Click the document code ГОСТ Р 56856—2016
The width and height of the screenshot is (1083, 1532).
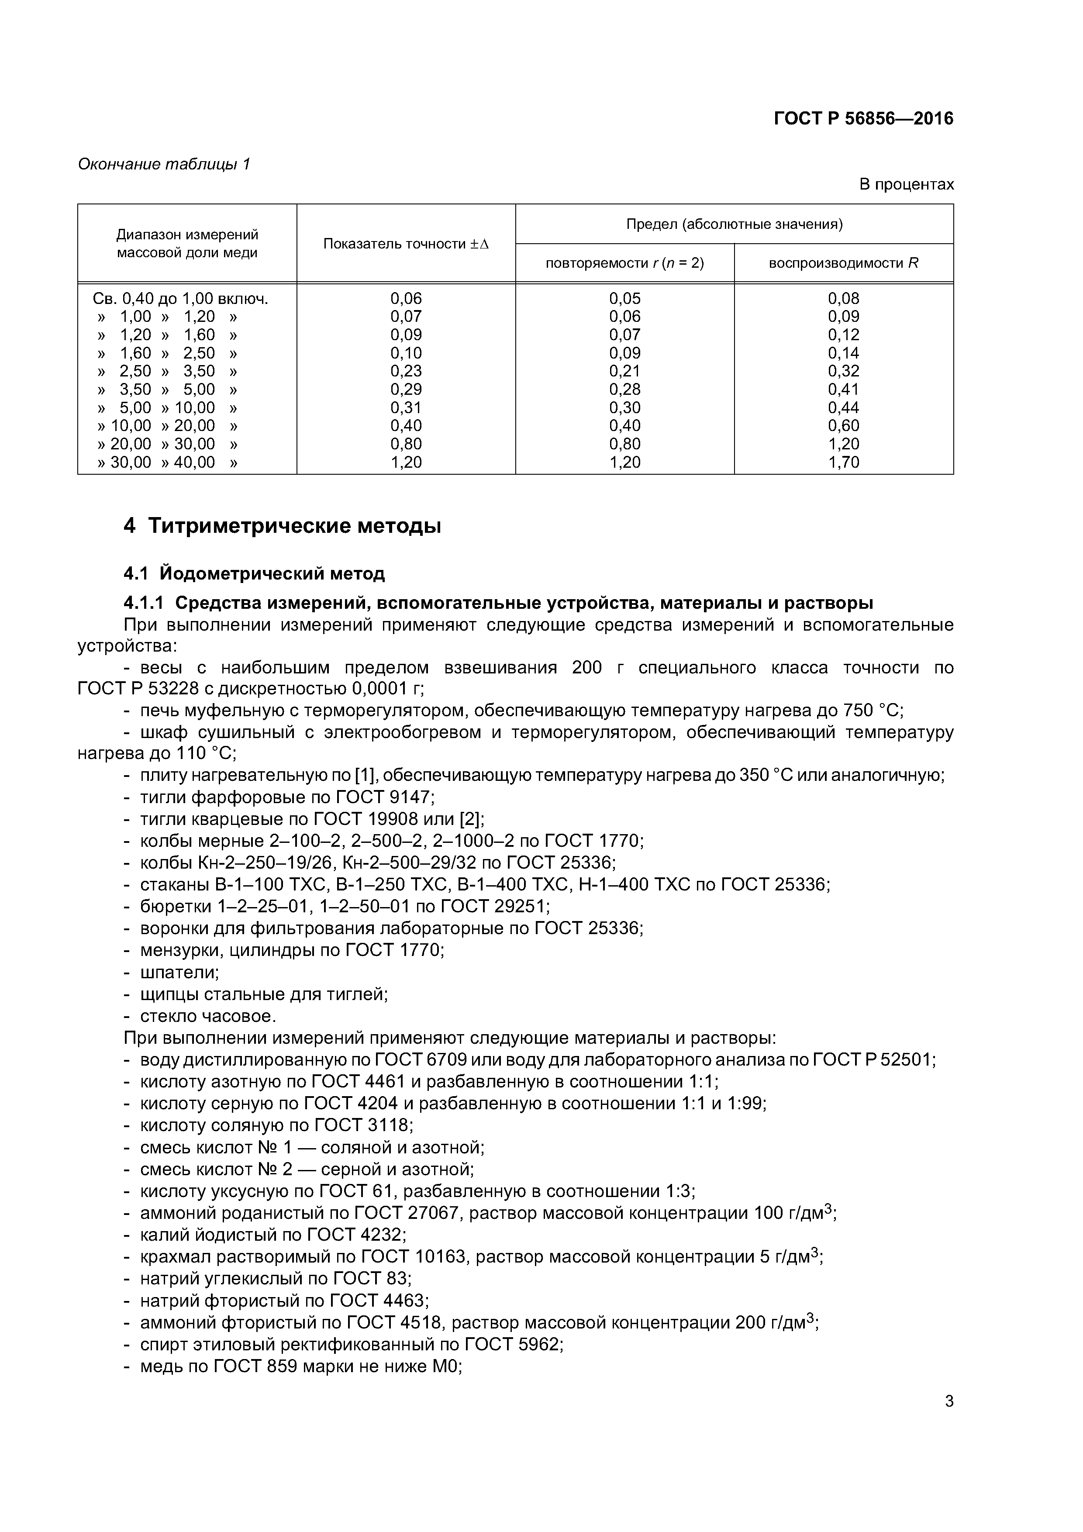pyautogui.click(x=863, y=119)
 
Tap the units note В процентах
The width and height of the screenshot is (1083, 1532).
pyautogui.click(x=906, y=184)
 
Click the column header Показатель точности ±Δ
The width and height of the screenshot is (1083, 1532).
pyautogui.click(x=406, y=244)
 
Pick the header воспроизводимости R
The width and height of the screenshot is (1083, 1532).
pyautogui.click(x=843, y=263)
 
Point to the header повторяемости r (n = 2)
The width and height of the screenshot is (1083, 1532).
pyautogui.click(x=624, y=263)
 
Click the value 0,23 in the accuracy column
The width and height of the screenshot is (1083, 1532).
pyautogui.click(x=406, y=371)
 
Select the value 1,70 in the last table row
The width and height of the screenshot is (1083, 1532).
pyautogui.click(x=843, y=462)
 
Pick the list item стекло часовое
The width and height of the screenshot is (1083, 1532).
pyautogui.click(x=207, y=1016)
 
